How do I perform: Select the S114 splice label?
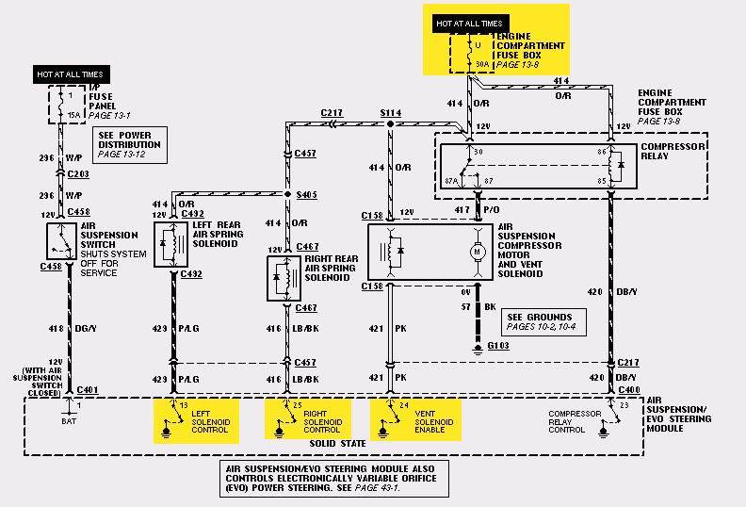tap(390, 112)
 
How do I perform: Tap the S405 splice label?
tap(306, 194)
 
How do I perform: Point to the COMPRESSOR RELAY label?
tap(666, 151)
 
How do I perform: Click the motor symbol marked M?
tap(478, 252)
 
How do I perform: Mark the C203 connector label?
tap(78, 174)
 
